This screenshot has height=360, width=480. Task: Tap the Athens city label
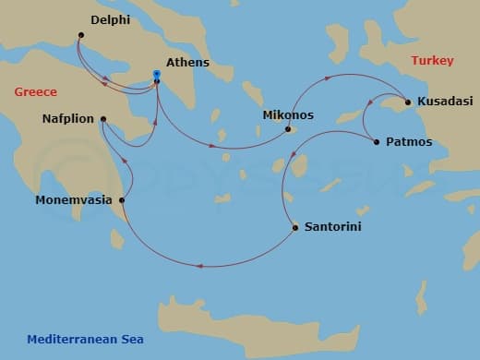[x=187, y=63]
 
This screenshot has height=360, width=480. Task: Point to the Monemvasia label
[x=74, y=199]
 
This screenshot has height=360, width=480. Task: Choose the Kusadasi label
[x=448, y=101]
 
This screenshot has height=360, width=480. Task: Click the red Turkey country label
[x=433, y=61]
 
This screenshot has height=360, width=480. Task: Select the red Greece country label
[x=36, y=91]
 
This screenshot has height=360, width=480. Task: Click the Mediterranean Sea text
[x=85, y=339]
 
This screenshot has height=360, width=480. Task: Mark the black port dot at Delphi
[x=80, y=35]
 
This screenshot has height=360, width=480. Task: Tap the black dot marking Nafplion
[x=102, y=119]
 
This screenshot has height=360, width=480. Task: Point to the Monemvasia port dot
[x=122, y=199]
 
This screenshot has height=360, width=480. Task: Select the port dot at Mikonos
[x=288, y=129]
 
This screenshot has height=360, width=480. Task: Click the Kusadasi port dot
[x=407, y=102]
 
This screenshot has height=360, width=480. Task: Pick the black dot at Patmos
[x=376, y=141]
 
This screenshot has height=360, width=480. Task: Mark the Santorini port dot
[x=294, y=227]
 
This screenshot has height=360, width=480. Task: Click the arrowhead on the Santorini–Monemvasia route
[x=198, y=267]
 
